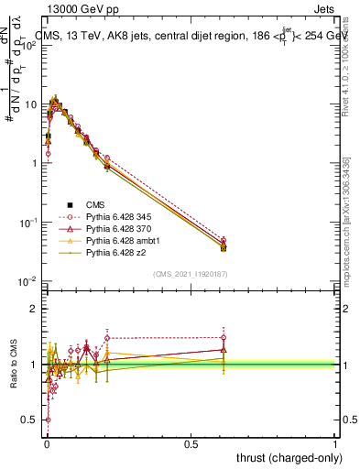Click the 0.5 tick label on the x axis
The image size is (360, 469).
(x=191, y=442)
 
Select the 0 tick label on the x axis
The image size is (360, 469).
(x=46, y=442)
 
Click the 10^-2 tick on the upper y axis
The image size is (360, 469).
(x=29, y=280)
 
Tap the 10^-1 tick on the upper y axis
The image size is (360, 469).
(x=29, y=222)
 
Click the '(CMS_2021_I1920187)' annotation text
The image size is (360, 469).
(x=190, y=273)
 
